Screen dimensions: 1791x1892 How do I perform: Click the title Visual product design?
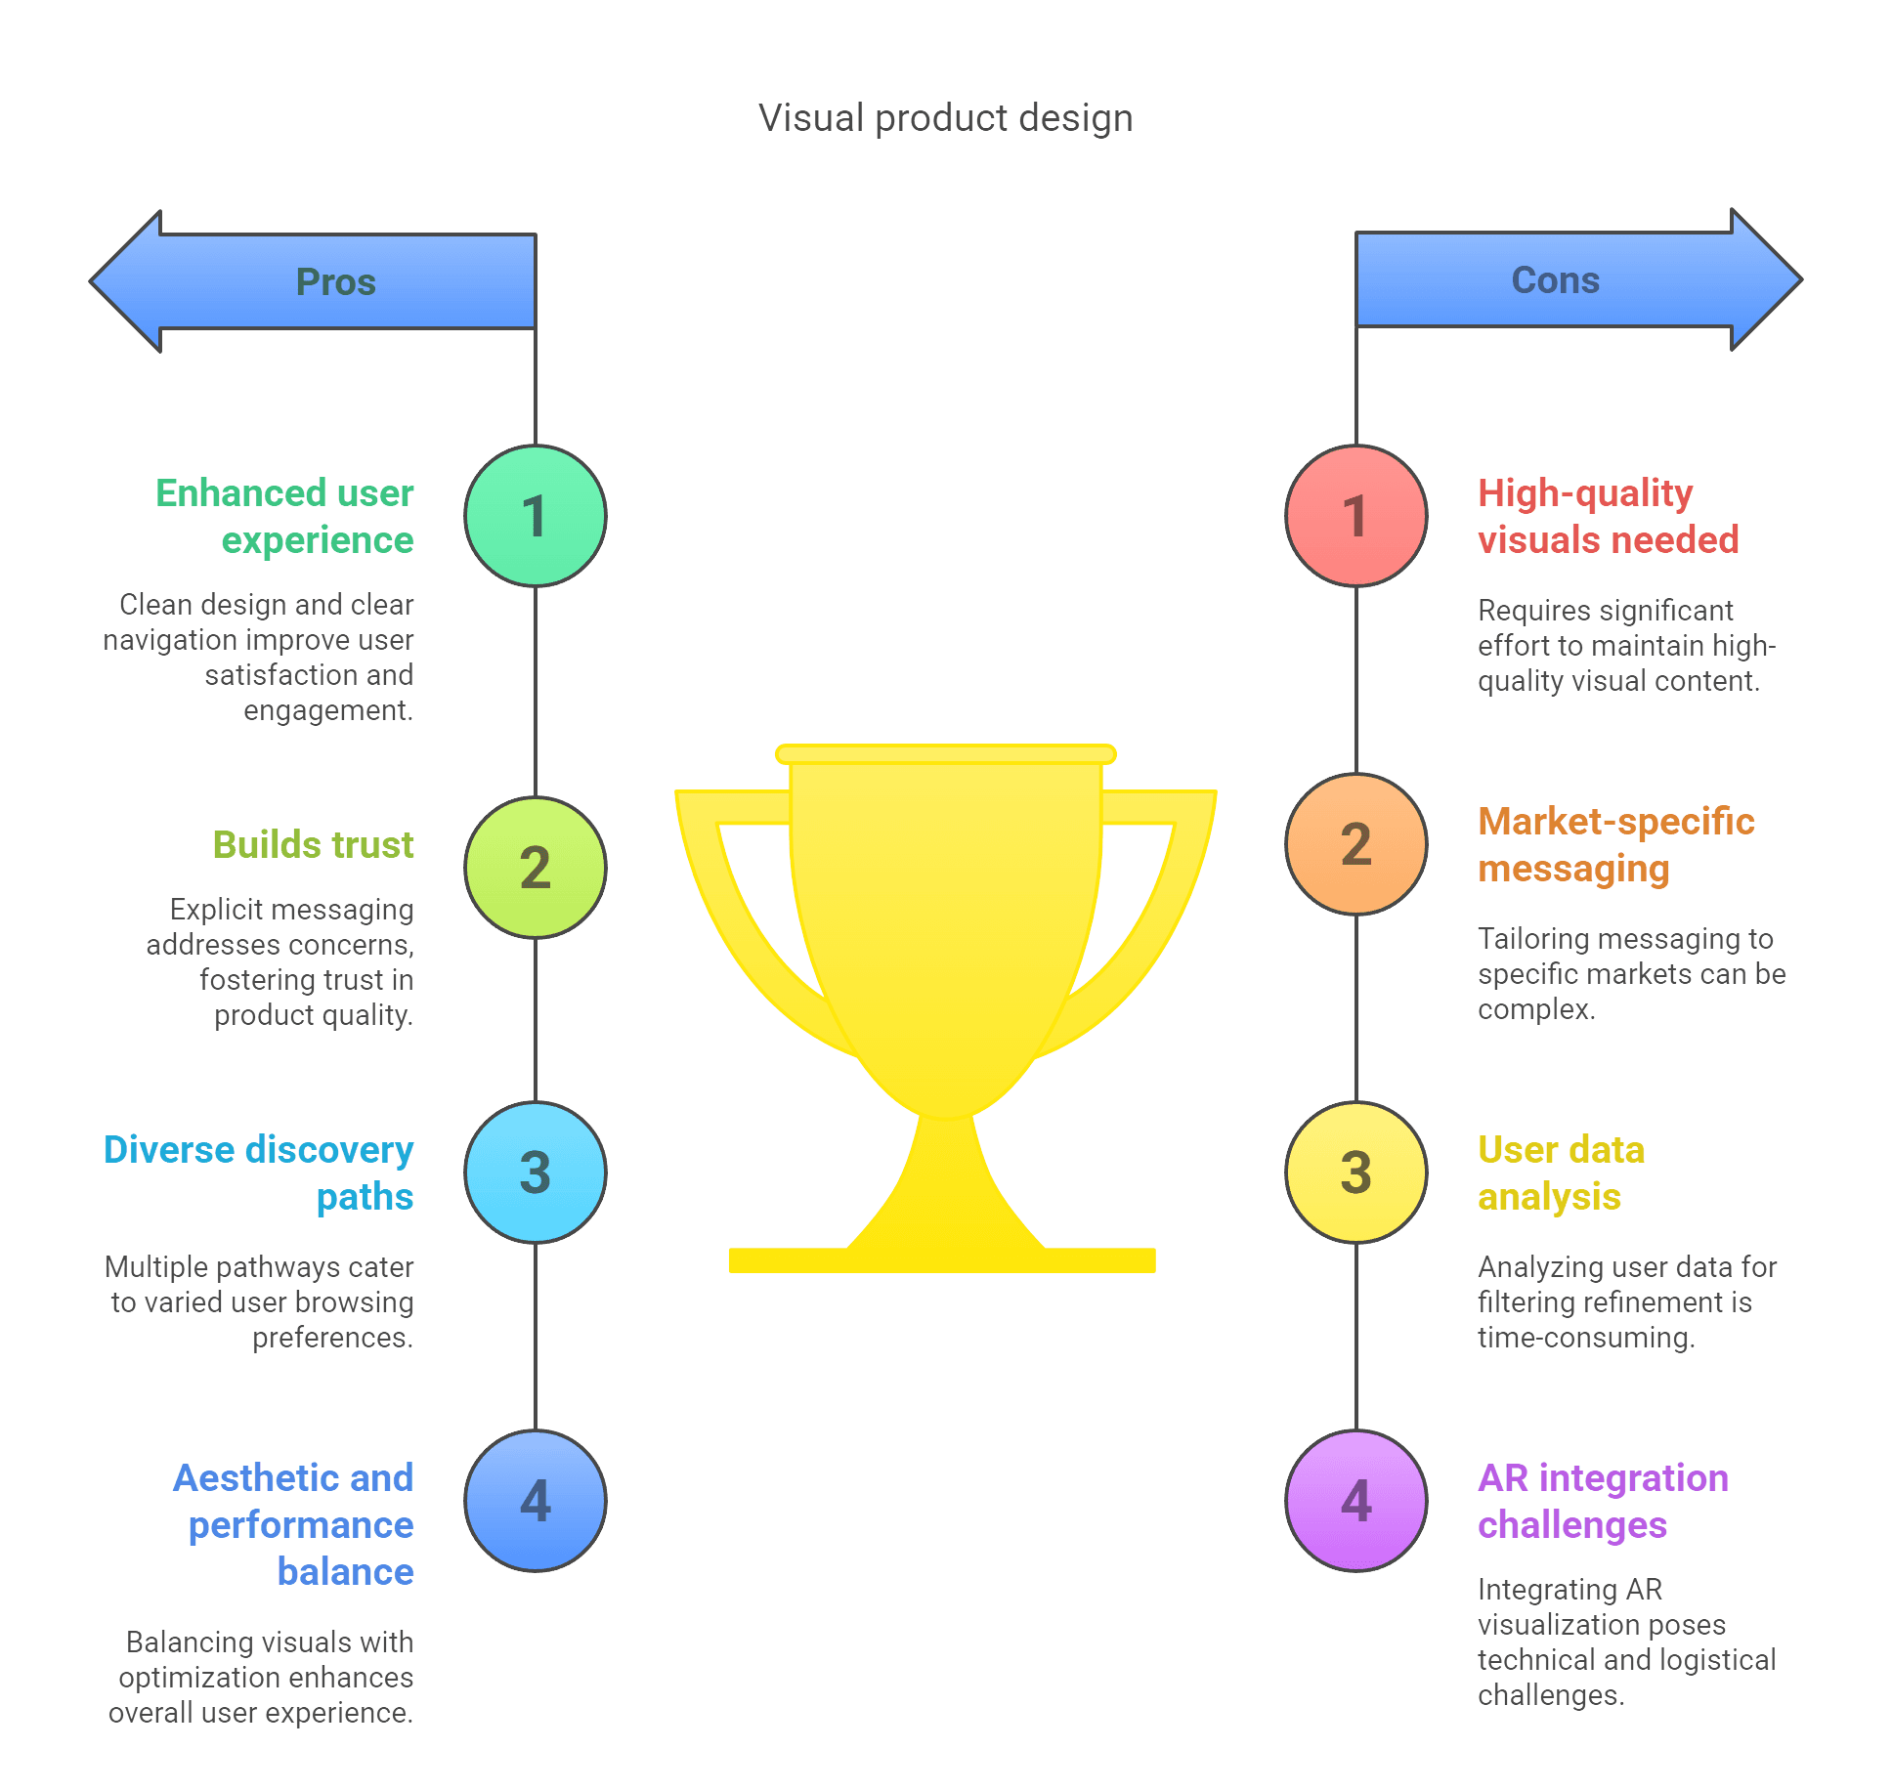945,118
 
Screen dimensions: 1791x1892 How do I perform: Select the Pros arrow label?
335,282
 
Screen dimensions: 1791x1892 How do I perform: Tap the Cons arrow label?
1555,280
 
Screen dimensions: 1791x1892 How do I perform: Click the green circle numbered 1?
536,516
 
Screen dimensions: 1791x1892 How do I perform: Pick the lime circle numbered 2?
536,868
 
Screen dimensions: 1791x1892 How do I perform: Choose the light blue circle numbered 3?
536,1173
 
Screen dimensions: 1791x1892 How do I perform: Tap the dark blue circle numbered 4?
536,1501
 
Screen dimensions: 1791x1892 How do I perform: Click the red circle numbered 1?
1355,516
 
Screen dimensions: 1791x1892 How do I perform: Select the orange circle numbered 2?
1355,844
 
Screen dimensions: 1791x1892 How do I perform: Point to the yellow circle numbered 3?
1355,1173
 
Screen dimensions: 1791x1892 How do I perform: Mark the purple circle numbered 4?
1355,1501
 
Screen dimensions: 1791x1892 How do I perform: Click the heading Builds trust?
313,845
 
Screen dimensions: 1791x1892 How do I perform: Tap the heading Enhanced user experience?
286,517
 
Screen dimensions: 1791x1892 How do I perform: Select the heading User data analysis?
1560,1173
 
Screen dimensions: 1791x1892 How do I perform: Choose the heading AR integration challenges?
1603,1502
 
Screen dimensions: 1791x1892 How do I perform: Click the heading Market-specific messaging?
1615,845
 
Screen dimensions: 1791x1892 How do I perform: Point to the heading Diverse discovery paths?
260,1173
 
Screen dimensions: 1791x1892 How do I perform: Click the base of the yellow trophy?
941,1260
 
